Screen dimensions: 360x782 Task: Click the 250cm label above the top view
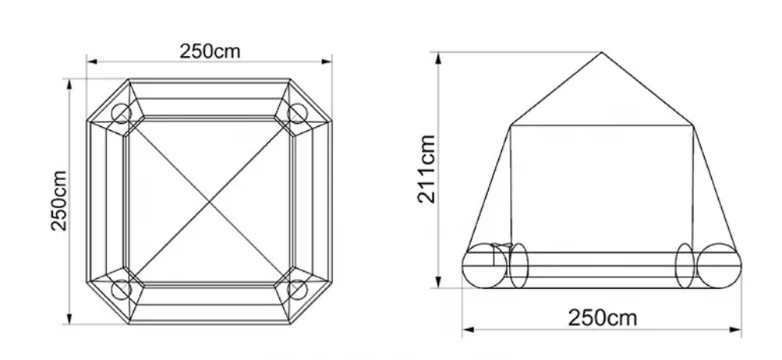(x=210, y=51)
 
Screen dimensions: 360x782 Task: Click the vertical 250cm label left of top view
(x=59, y=201)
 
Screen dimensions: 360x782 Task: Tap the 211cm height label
(x=426, y=169)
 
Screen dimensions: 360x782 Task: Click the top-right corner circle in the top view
(x=297, y=114)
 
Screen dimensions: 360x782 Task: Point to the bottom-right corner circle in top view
(x=297, y=289)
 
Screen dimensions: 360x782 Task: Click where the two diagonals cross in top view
(x=209, y=201)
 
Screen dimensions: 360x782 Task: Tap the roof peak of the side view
(x=602, y=53)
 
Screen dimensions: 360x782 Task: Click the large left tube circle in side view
(x=483, y=266)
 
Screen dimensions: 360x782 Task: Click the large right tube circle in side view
(x=717, y=266)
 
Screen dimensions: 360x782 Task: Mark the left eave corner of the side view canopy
(x=511, y=125)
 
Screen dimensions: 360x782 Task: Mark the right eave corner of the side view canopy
(x=693, y=125)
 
